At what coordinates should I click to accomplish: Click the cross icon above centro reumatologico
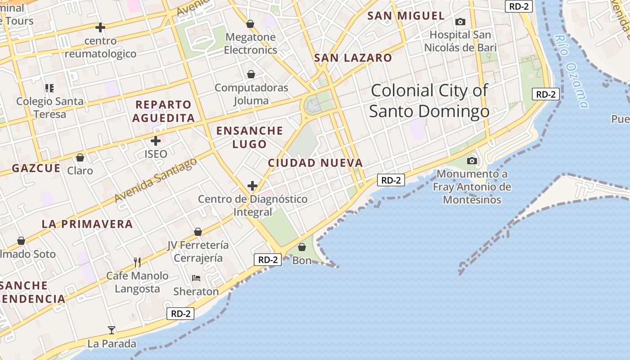tap(100, 27)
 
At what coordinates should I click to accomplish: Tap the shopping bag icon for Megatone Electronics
tap(250, 24)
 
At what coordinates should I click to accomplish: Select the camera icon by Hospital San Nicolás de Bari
tap(460, 22)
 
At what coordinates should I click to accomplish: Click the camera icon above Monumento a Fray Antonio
tap(472, 161)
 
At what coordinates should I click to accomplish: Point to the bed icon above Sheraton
tap(196, 278)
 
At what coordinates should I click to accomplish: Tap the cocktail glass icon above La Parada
tap(112, 330)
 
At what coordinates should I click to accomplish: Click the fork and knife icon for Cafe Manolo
tap(137, 262)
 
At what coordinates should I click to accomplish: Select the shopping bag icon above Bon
tap(302, 247)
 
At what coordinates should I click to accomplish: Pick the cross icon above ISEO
tap(156, 141)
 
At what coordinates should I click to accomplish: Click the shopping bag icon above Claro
tap(80, 157)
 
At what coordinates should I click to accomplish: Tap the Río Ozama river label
tap(572, 72)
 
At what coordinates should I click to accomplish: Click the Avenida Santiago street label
tap(156, 180)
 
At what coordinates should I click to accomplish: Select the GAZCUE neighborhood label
tap(36, 168)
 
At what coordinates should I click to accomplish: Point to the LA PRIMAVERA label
tap(87, 224)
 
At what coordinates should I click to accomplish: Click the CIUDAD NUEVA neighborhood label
tap(315, 163)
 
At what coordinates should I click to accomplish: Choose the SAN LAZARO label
tap(353, 58)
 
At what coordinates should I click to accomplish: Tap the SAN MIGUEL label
tap(406, 16)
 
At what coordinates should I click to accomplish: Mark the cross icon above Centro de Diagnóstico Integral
tap(252, 185)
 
